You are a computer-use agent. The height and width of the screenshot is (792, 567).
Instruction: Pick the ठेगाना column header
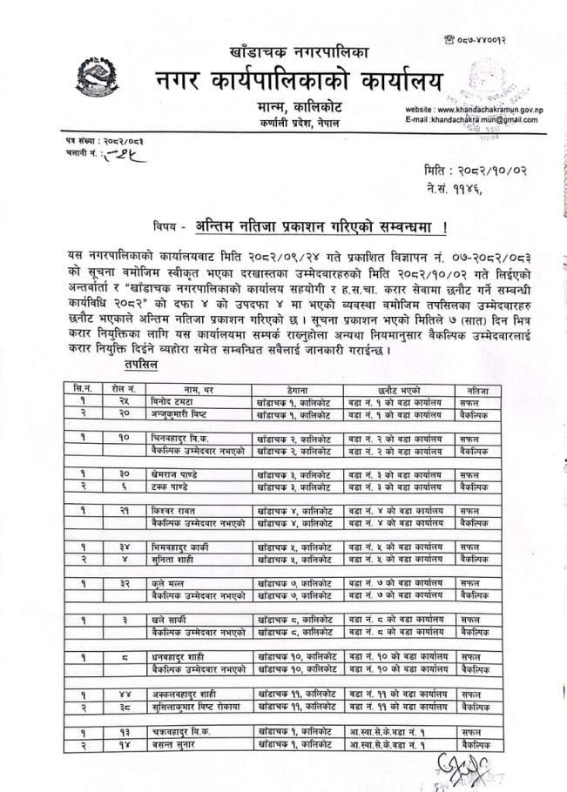pyautogui.click(x=295, y=392)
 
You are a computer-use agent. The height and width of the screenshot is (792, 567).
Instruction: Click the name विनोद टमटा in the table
pyautogui.click(x=170, y=404)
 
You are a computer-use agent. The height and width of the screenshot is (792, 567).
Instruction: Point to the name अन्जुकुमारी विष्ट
pyautogui.click(x=181, y=415)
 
